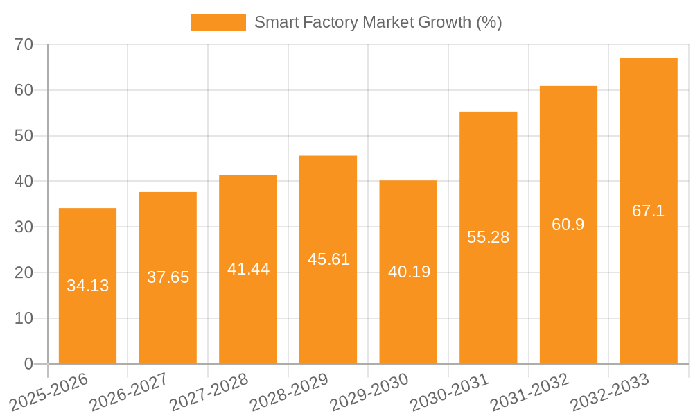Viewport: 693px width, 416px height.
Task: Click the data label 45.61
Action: (328, 259)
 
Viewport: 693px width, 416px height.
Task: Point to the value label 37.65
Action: (168, 277)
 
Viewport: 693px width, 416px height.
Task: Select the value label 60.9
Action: (568, 225)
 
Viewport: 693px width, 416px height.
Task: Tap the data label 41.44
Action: (248, 269)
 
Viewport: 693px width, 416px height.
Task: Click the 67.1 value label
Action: (649, 211)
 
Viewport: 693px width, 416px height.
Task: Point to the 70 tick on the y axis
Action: (24, 44)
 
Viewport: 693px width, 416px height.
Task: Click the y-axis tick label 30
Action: (24, 227)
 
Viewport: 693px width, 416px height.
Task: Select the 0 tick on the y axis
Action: (28, 364)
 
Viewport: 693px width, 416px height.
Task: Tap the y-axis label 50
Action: (24, 136)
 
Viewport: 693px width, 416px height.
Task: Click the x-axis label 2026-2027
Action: (129, 392)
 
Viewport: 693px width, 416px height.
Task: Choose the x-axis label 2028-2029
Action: (289, 392)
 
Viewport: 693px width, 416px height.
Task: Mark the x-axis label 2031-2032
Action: (529, 392)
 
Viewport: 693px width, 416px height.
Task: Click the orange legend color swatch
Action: (218, 22)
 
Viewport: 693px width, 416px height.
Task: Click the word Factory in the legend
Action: (326, 22)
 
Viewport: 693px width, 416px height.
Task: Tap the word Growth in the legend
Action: (445, 22)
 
